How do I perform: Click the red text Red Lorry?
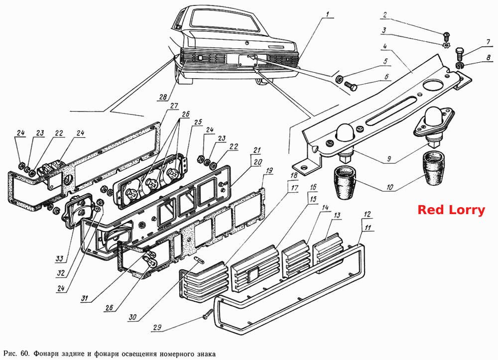[x=451, y=210]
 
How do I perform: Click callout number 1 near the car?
[x=328, y=14]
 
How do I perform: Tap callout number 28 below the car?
[x=163, y=97]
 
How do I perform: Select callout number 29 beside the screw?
[x=157, y=327]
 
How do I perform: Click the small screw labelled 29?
[x=208, y=315]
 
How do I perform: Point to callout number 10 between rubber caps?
[x=389, y=187]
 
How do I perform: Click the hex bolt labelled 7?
[x=460, y=54]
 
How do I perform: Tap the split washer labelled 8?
[x=460, y=66]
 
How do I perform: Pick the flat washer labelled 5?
[x=339, y=78]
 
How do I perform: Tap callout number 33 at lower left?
[x=60, y=259]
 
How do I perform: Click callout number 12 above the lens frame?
[x=367, y=214]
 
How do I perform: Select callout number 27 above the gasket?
[x=173, y=106]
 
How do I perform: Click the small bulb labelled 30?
[x=199, y=260]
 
